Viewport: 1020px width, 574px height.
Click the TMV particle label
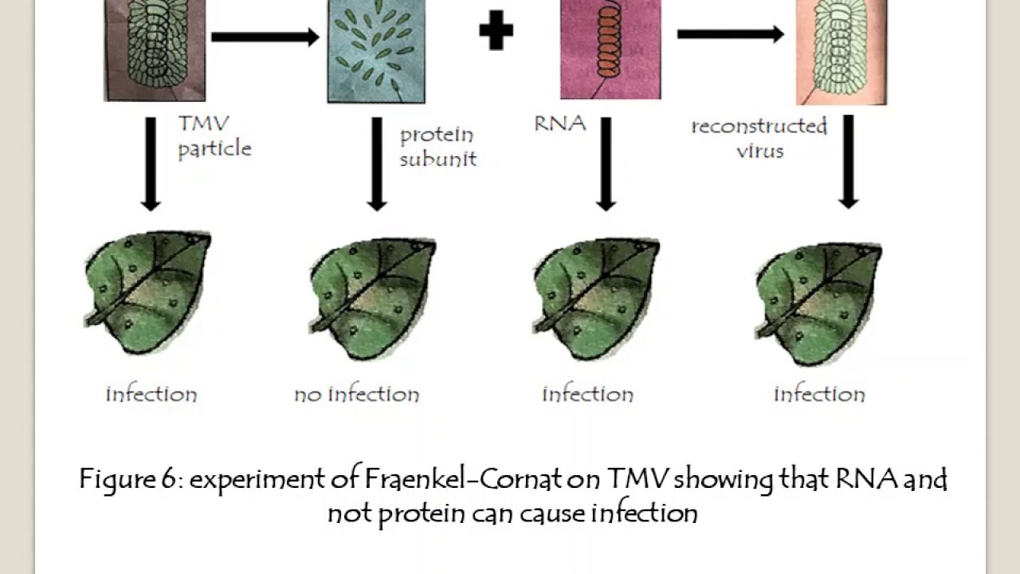[214, 136]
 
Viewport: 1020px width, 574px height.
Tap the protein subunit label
[437, 147]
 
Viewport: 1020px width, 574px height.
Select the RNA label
[560, 124]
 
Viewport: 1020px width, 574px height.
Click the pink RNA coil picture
[610, 49]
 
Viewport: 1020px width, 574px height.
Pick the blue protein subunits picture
[376, 51]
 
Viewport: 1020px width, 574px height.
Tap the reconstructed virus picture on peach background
[841, 52]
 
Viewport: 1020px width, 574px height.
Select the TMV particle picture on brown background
[155, 49]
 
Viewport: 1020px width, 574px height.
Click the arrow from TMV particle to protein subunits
[265, 37]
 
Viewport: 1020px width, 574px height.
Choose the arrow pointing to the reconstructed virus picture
[731, 34]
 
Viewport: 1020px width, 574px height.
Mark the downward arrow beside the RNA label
[606, 164]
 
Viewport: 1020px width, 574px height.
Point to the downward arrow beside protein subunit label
[377, 164]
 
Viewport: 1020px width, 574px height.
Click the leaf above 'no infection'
[372, 295]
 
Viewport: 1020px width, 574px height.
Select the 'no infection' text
[356, 394]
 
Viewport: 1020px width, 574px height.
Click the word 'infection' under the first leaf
[151, 394]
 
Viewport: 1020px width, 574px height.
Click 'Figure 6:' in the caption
[131, 480]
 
